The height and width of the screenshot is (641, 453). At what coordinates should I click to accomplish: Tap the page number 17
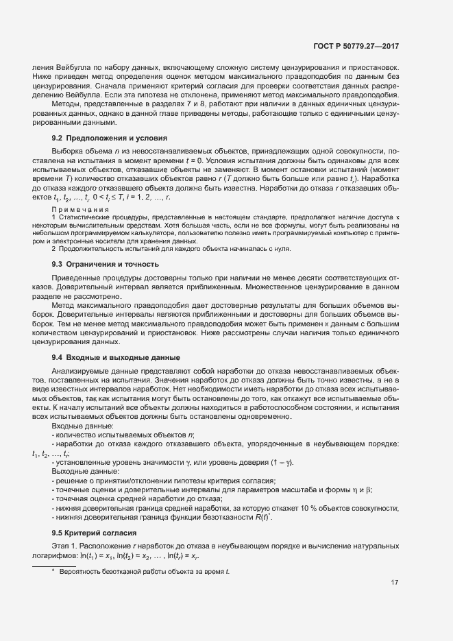(x=395, y=583)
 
